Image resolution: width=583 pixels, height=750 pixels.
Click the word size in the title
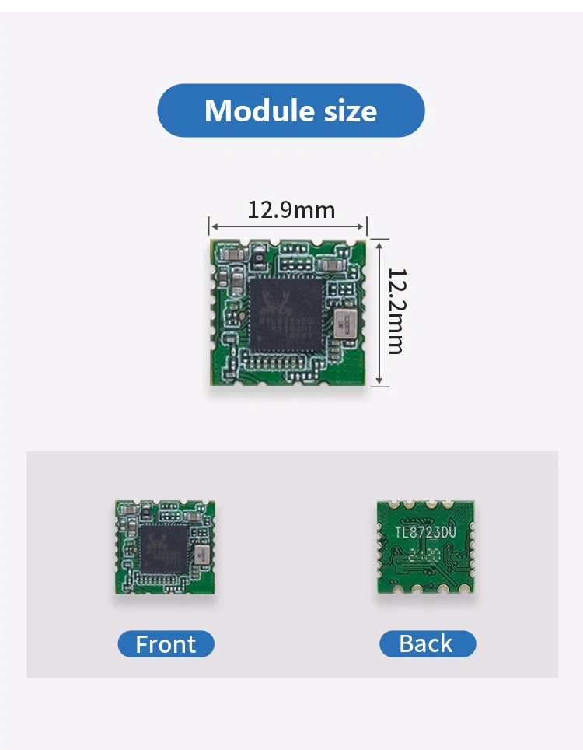coord(350,110)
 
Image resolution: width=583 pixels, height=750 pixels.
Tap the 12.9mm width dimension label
coord(291,209)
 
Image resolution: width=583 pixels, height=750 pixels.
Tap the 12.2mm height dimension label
coord(396,311)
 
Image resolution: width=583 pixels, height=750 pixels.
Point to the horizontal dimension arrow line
coord(288,227)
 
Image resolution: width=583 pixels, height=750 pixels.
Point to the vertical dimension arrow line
coord(379,311)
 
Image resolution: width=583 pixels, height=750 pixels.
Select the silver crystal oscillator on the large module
coord(343,322)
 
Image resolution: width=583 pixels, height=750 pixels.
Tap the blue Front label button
coord(166,644)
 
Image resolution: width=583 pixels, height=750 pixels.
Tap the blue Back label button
coord(427,643)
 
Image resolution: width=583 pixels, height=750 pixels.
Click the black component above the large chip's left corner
coord(258,255)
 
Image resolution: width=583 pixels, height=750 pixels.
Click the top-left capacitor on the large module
coord(230,254)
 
